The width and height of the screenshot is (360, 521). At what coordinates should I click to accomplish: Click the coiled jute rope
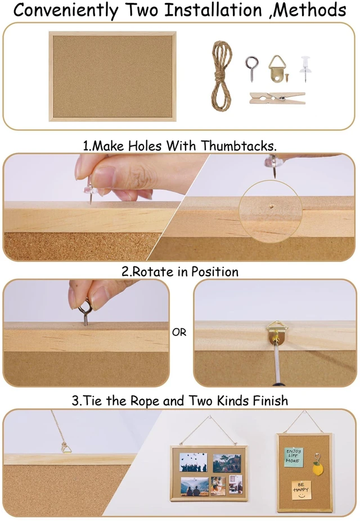pos(222,76)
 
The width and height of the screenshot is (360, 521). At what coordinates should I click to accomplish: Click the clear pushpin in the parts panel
pos(305,69)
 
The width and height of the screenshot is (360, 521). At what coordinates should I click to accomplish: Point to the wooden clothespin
pos(277,98)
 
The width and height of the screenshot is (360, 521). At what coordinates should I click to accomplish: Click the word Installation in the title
pos(213,10)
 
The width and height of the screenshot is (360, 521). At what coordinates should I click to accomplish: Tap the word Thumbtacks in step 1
pos(239,146)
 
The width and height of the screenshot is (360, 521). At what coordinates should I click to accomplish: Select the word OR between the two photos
pos(179,332)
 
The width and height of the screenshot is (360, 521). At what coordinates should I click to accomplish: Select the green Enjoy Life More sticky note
pos(292,456)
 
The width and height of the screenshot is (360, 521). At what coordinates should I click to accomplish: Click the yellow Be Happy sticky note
pos(301,490)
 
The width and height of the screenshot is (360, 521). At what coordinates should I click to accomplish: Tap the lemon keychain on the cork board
pos(317,464)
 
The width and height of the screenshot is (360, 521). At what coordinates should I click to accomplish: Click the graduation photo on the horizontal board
pos(193,462)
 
